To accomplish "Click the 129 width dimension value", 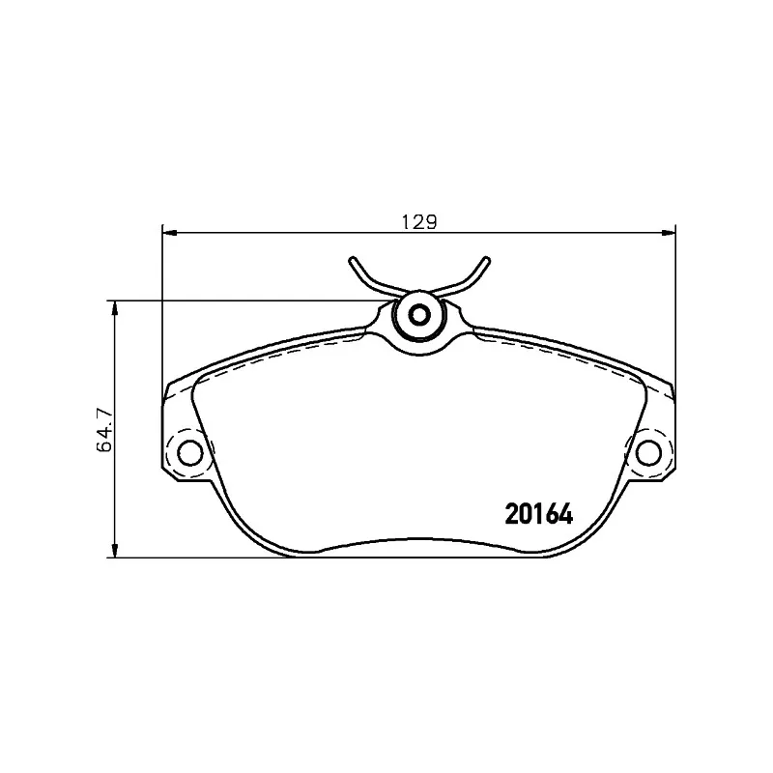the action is pos(419,222).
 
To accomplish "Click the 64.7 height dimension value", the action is pos(105,430).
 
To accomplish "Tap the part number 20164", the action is pos(539,515).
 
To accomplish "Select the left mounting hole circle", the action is pos(189,453).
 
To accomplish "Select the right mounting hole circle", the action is pos(648,453).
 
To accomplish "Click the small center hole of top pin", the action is pos(419,315).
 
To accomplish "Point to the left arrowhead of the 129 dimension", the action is pos(169,232).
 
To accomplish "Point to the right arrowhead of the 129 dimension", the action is pos(669,232).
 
